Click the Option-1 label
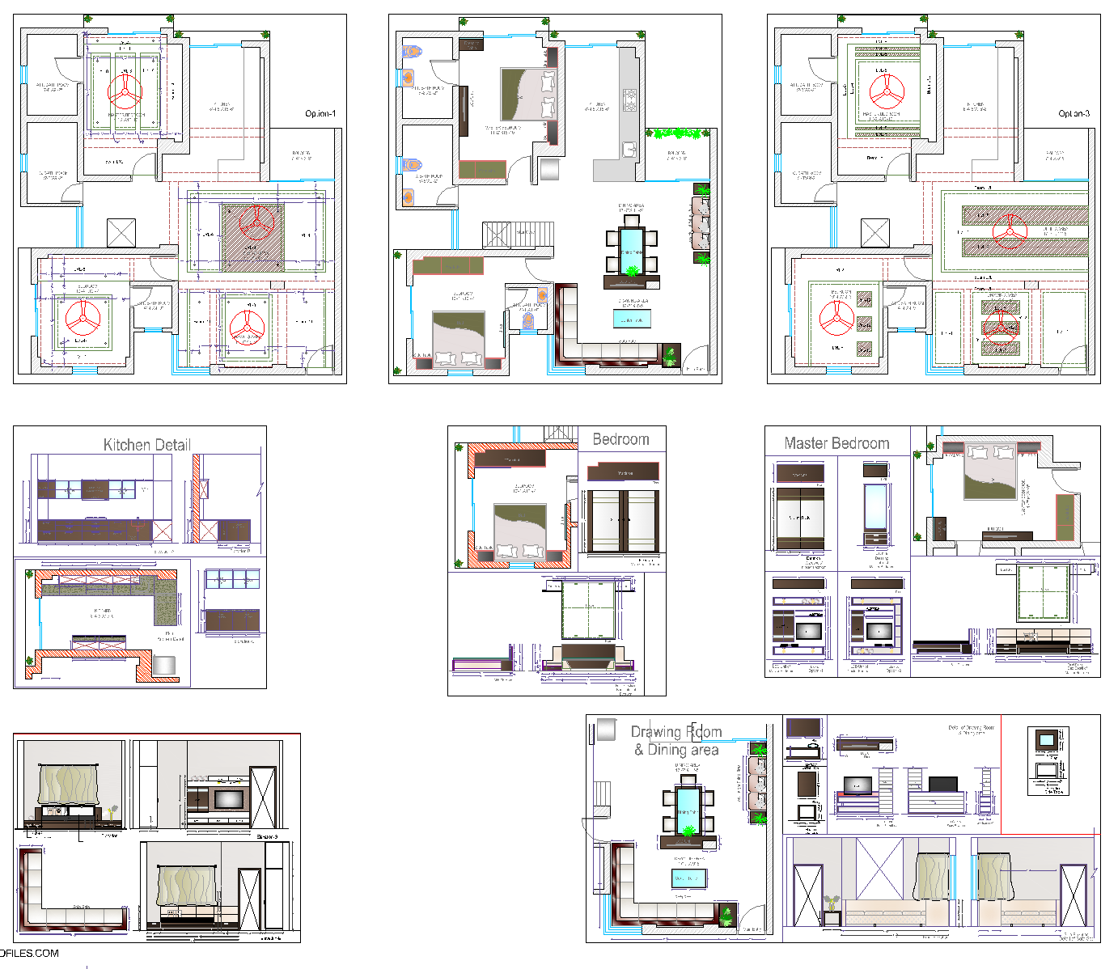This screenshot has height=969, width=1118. pyautogui.click(x=320, y=114)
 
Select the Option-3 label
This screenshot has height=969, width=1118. pyautogui.click(x=1074, y=114)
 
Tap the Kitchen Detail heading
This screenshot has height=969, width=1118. pyautogui.click(x=147, y=445)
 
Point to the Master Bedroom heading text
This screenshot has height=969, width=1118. pyautogui.click(x=836, y=443)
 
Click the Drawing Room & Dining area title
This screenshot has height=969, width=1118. pyautogui.click(x=676, y=740)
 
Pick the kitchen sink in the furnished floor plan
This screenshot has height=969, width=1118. pyautogui.click(x=629, y=149)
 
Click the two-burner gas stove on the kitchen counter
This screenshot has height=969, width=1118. pyautogui.click(x=629, y=100)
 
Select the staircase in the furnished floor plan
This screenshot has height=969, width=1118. pyautogui.click(x=518, y=235)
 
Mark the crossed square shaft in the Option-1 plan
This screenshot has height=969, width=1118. pyautogui.click(x=121, y=233)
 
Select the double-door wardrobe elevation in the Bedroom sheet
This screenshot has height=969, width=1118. pyautogui.click(x=622, y=521)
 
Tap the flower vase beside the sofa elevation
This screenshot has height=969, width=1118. pyautogui.click(x=831, y=903)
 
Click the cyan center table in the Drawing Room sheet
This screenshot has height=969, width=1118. pyautogui.click(x=689, y=878)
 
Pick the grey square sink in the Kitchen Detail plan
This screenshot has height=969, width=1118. pyautogui.click(x=164, y=665)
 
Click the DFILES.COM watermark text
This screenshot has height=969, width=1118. pyautogui.click(x=30, y=953)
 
